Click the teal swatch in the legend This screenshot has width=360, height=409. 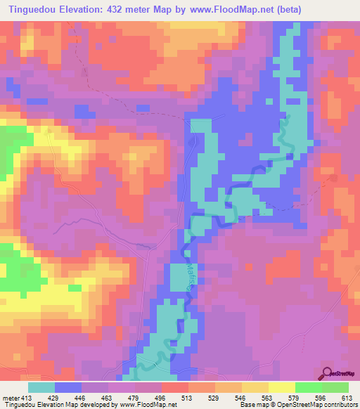41,387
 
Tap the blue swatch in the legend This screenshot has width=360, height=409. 68,387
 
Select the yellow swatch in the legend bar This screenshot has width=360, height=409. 282,387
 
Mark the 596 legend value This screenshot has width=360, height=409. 321,398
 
